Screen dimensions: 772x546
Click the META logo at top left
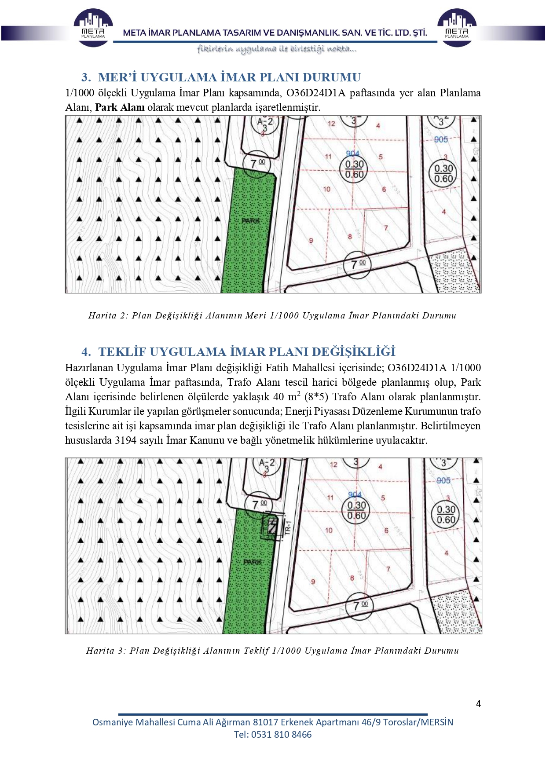pos(93,27)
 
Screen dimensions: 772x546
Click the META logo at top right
pos(457,27)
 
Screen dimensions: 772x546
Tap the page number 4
pos(478,703)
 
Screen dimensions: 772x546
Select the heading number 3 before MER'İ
pos(86,77)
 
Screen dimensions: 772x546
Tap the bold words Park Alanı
pos(120,107)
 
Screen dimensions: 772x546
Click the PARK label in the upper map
pos(250,220)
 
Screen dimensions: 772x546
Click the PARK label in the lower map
pos(252,562)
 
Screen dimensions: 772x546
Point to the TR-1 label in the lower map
pos(288,527)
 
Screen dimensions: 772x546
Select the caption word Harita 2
pos(107,315)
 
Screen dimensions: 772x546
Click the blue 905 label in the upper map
pos(441,139)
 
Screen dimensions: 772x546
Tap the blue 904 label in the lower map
pos(354,495)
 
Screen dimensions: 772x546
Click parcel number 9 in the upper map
pos(311,241)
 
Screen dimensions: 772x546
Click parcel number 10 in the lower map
pos(329,531)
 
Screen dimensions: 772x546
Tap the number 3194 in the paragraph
pos(125,440)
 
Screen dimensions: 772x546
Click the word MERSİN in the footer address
pos(438,722)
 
